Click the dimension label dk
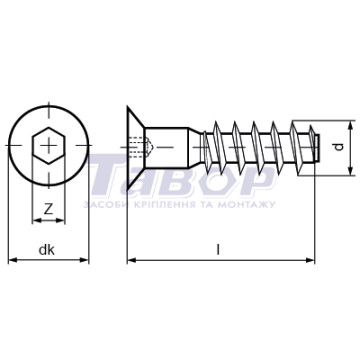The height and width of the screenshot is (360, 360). point(47,250)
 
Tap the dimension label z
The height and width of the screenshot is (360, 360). point(49,209)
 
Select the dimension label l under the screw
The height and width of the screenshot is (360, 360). point(218,249)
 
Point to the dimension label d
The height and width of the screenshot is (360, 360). point(339,147)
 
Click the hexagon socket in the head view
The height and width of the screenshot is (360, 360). point(49,146)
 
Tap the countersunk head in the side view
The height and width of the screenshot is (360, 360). point(136,147)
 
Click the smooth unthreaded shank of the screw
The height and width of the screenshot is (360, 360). point(167,147)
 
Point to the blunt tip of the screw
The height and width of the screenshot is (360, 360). point(317,147)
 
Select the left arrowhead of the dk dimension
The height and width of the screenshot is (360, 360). point(12,260)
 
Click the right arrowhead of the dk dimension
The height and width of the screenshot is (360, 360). point(85,260)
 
